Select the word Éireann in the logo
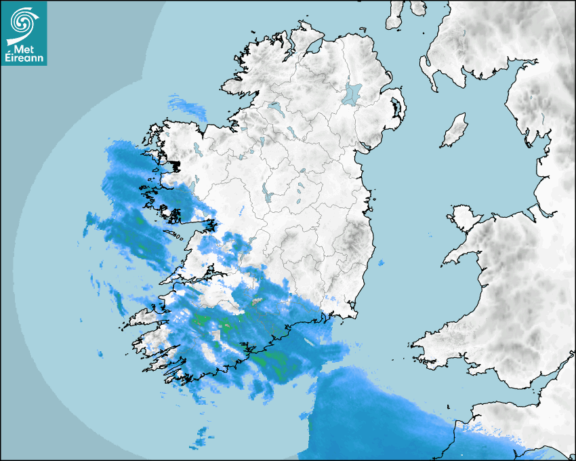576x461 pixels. [x=24, y=58]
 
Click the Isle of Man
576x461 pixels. [x=454, y=131]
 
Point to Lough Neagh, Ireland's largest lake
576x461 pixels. [x=352, y=94]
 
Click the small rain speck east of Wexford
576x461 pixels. [x=381, y=263]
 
